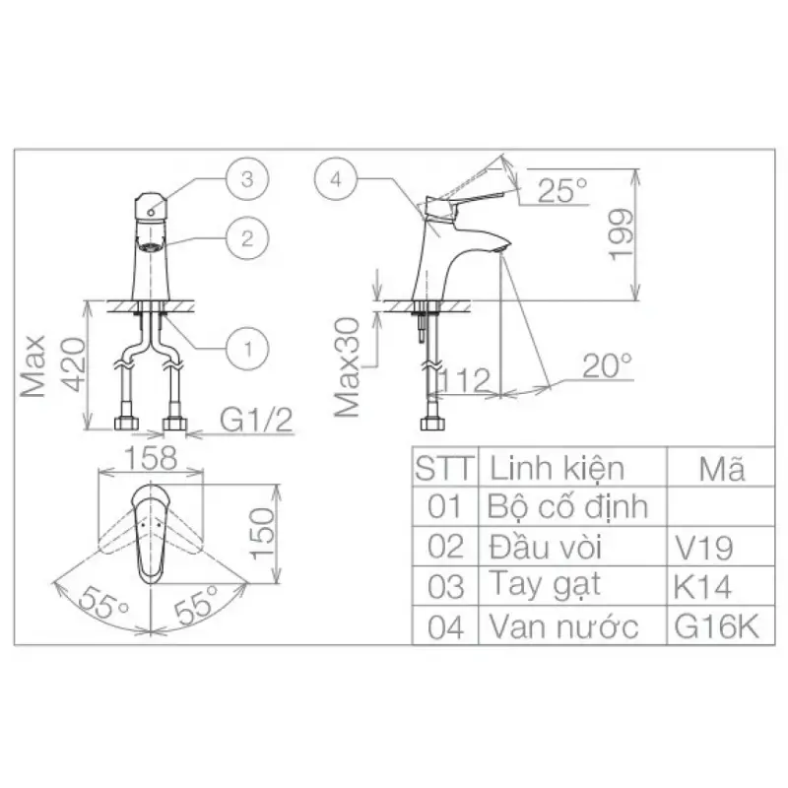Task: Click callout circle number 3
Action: tap(247, 179)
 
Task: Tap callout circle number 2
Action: tap(247, 238)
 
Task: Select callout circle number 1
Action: tap(247, 349)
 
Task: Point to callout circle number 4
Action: tap(336, 179)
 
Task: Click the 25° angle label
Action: tap(561, 190)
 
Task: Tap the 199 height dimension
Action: tap(622, 234)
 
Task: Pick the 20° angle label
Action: tap(607, 365)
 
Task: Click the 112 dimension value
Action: tap(464, 380)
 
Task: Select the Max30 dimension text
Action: tap(348, 366)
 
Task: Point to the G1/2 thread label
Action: tap(256, 420)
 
